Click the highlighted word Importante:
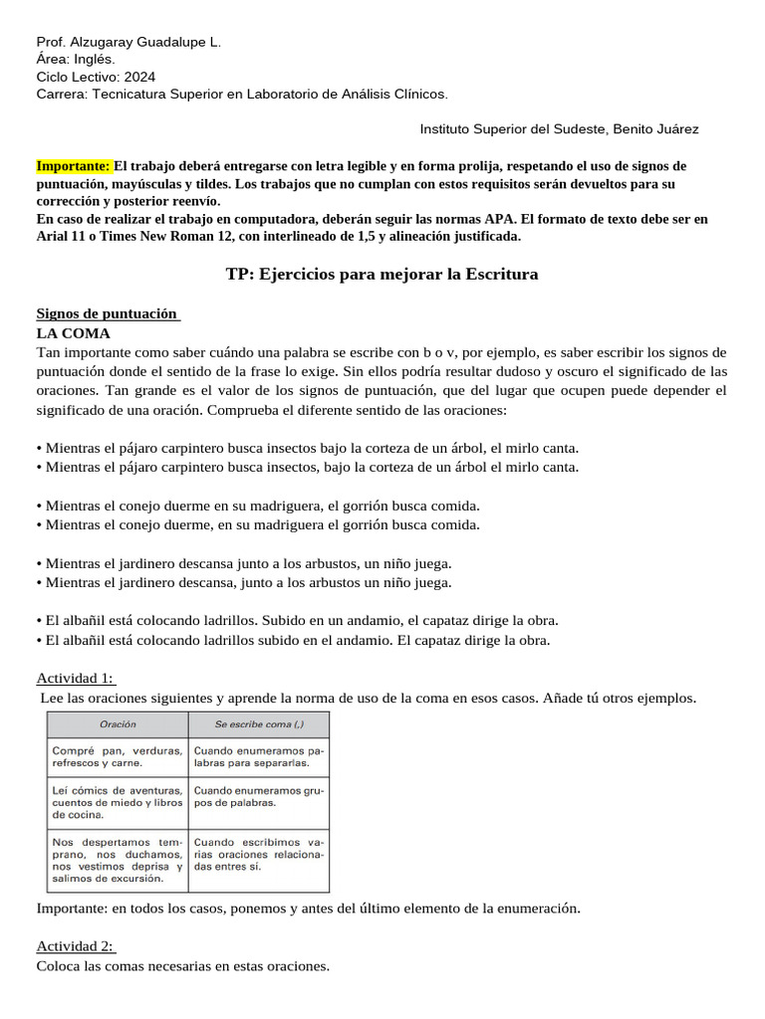74,166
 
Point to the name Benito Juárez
656,129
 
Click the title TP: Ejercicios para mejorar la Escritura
382,274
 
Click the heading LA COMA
73,333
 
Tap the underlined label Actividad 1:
75,678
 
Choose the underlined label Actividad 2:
75,946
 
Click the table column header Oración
118,724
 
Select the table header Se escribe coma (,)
257,724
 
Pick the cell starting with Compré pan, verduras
117,756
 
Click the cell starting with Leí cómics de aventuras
117,802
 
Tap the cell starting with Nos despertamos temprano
117,860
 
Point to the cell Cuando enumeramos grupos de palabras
258,796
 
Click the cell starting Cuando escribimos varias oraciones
258,854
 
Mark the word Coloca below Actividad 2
59,965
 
